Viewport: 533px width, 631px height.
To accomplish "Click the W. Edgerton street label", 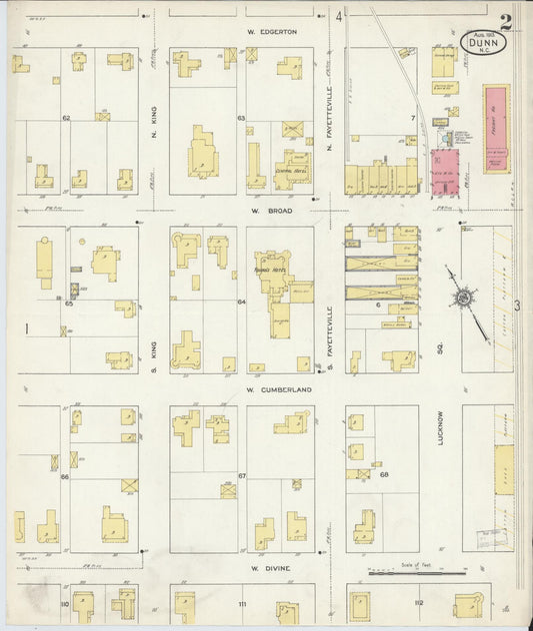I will point(273,32).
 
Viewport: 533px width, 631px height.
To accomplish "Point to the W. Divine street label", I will point(270,568).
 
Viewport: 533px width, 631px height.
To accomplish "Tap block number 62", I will point(66,119).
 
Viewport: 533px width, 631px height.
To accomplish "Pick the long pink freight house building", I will point(496,128).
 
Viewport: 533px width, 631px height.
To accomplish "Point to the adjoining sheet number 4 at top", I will point(339,16).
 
